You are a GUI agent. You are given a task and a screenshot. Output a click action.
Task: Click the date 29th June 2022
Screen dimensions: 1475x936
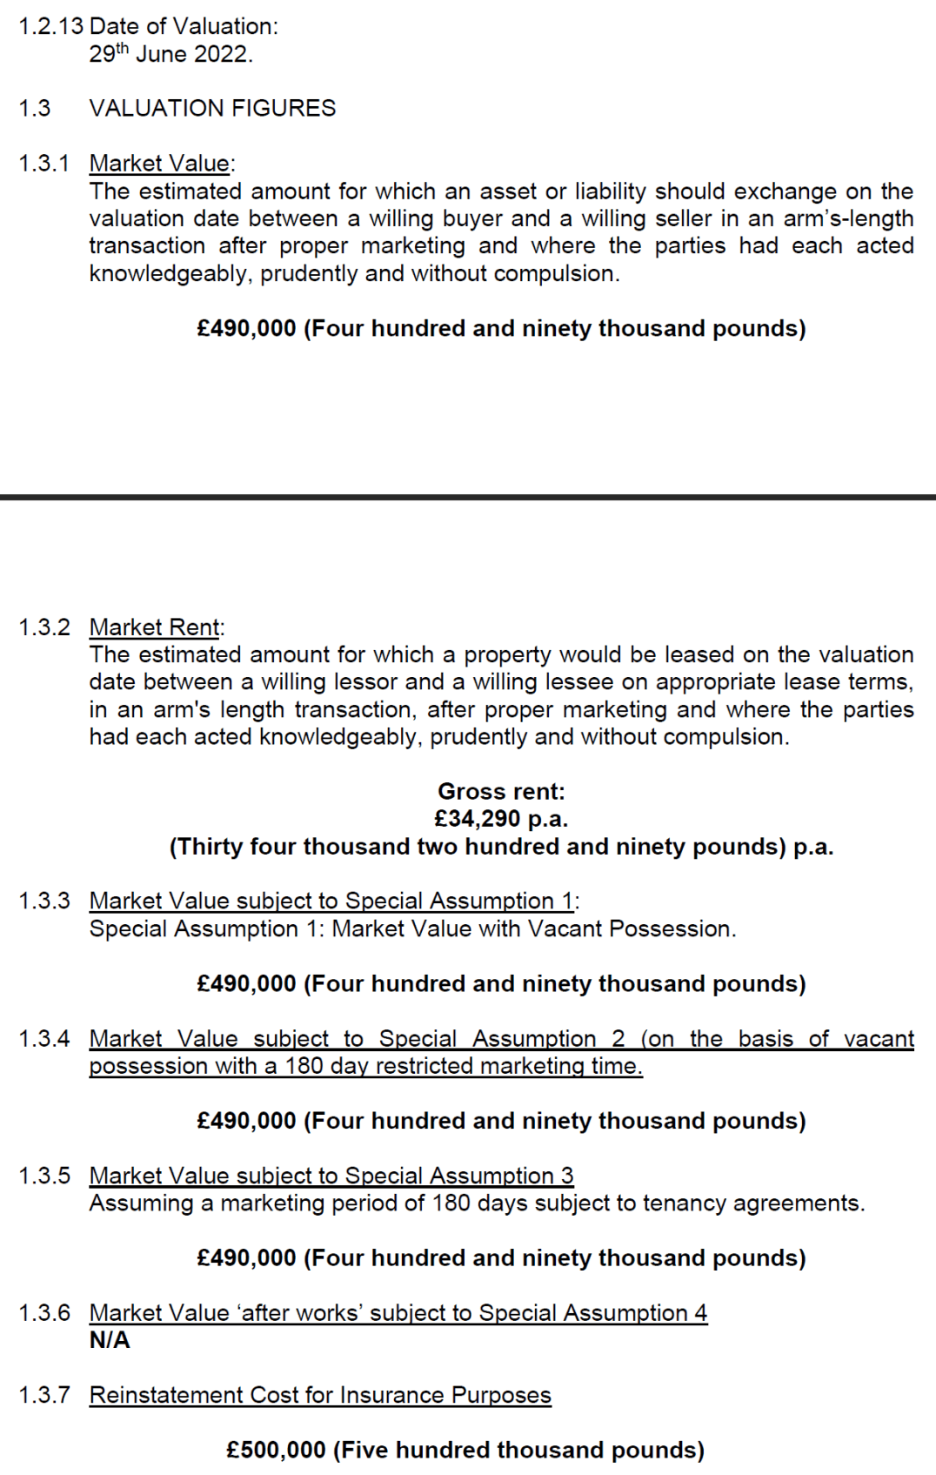tap(170, 54)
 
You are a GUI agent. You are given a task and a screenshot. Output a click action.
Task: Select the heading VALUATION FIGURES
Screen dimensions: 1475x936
tap(212, 108)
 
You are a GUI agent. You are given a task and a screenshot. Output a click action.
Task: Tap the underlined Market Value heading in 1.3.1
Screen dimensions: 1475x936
tap(160, 164)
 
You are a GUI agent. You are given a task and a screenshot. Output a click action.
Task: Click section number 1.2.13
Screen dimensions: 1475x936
tap(50, 26)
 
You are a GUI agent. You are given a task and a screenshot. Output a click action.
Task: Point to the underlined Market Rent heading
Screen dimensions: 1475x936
tap(155, 627)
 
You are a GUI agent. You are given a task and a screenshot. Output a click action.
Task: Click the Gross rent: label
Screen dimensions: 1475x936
tap(501, 791)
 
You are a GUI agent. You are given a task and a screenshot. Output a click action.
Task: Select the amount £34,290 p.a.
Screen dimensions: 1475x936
tap(501, 819)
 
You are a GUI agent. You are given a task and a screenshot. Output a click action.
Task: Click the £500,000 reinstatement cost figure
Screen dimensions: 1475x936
tap(276, 1450)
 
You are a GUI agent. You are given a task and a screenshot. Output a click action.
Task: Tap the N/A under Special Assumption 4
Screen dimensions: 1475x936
tap(110, 1340)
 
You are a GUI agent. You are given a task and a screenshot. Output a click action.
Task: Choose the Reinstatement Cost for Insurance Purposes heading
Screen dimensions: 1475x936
tap(320, 1395)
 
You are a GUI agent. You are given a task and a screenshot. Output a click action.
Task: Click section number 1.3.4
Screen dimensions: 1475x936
tap(44, 1038)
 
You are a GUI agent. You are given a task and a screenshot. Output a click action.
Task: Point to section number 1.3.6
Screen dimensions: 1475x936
tap(44, 1312)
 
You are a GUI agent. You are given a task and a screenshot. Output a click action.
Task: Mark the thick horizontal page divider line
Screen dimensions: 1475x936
tap(468, 497)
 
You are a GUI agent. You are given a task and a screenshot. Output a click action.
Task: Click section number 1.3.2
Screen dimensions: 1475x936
tap(44, 627)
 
